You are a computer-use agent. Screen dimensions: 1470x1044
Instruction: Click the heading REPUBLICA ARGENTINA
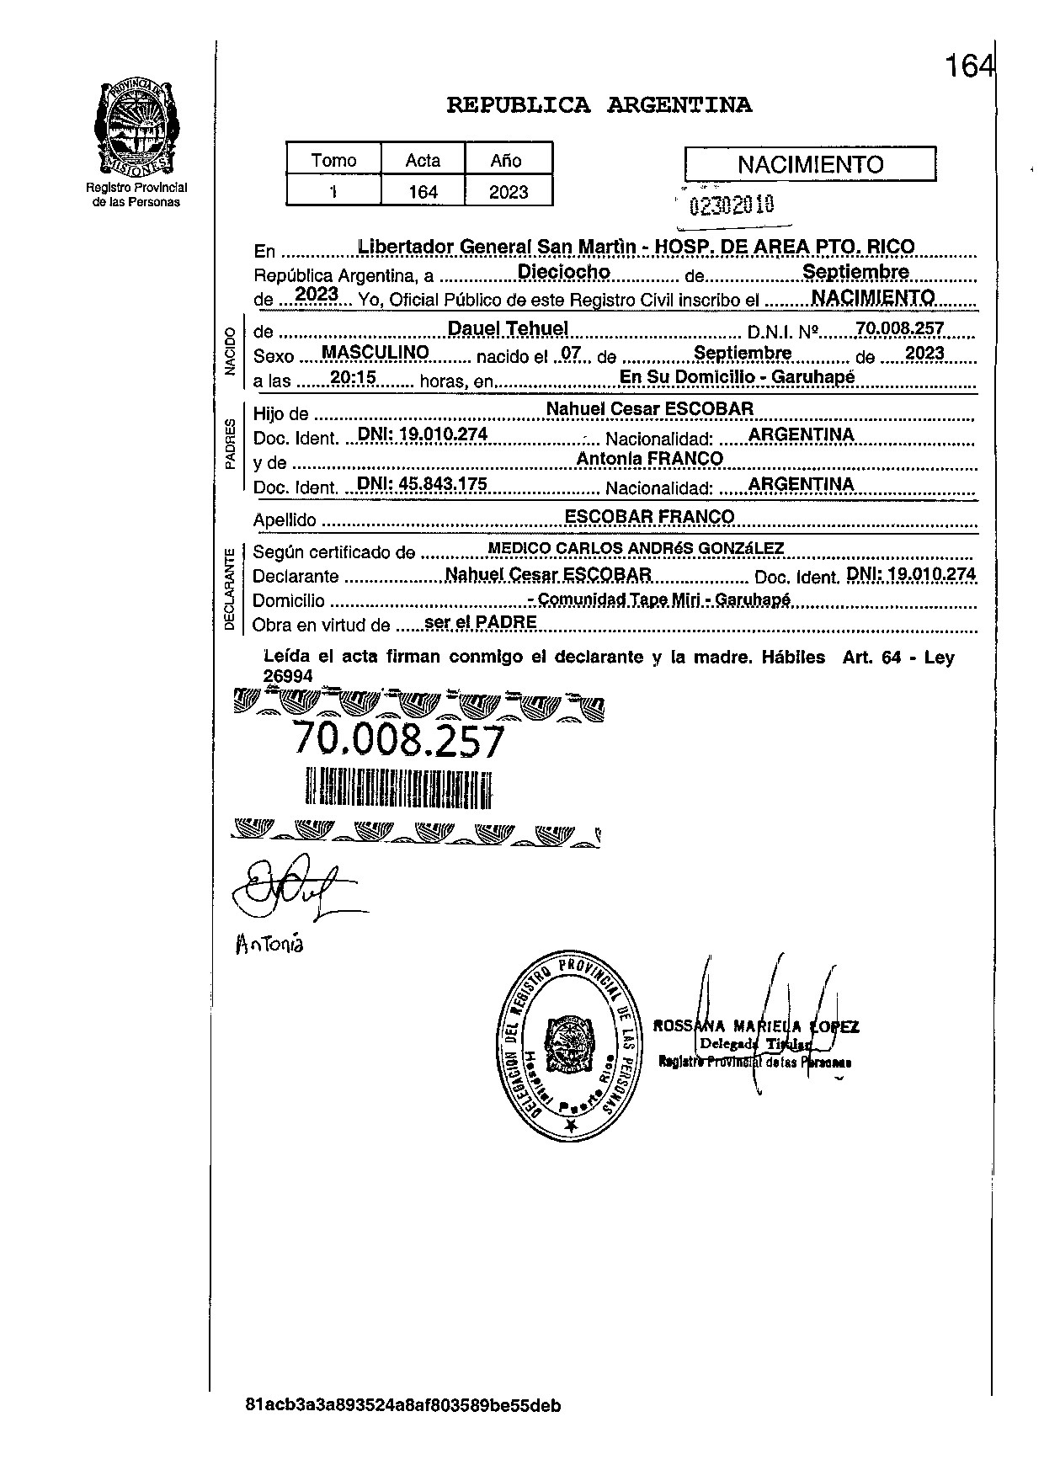[x=599, y=105]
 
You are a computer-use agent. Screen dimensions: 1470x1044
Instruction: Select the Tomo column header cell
[x=333, y=160]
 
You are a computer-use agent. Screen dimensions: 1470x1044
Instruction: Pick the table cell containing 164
[x=423, y=192]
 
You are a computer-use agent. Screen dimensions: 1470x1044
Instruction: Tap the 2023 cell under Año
[x=509, y=192]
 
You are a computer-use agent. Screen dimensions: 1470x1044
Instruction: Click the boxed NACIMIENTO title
[x=810, y=164]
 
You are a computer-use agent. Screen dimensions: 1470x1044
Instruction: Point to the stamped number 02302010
[x=732, y=205]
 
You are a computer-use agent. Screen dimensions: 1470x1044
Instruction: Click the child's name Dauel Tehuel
[x=508, y=328]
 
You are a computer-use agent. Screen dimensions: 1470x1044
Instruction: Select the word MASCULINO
[x=376, y=352]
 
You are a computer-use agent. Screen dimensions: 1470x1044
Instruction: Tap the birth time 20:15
[x=353, y=377]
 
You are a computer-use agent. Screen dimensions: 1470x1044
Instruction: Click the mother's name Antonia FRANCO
[x=649, y=458]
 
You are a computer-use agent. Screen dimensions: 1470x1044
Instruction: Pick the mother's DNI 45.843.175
[x=423, y=484]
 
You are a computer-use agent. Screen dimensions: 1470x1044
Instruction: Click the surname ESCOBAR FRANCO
[x=649, y=516]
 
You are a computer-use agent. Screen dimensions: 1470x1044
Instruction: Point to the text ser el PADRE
[x=481, y=622]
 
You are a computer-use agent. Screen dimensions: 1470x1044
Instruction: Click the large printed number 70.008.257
[x=397, y=740]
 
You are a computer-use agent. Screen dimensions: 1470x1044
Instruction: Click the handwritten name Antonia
[x=269, y=944]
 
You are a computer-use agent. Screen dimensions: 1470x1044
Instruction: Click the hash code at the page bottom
[x=403, y=1405]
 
